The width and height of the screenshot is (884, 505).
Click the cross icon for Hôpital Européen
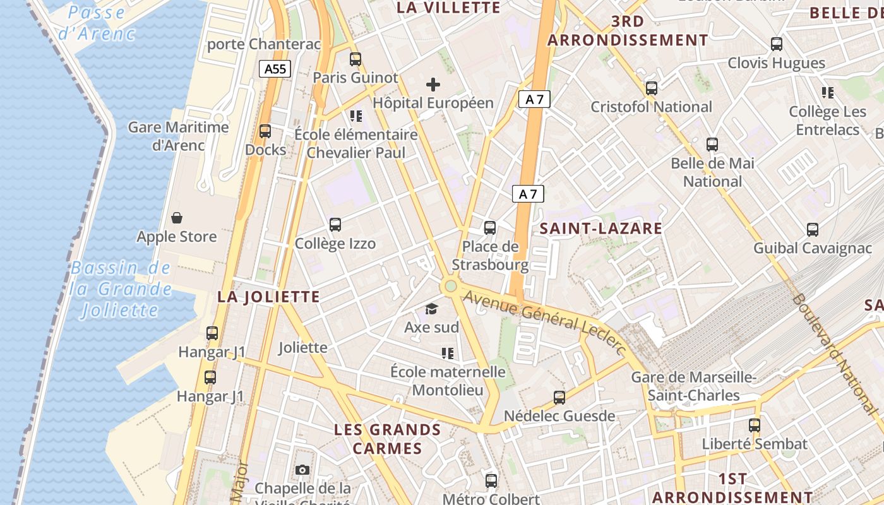(433, 84)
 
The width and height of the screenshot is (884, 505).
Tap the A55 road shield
(275, 69)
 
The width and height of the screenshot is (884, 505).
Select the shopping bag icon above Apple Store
(177, 218)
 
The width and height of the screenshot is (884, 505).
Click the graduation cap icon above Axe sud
(431, 309)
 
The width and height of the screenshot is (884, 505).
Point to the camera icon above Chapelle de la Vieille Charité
(302, 470)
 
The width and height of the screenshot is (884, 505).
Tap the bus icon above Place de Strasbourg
(490, 227)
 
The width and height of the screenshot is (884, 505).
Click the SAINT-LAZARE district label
(600, 229)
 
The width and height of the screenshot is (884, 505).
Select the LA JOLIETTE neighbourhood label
(269, 297)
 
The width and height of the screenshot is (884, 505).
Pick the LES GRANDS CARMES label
(387, 439)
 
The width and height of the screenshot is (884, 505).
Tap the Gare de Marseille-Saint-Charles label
(694, 386)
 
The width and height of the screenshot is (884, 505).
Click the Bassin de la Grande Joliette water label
(121, 288)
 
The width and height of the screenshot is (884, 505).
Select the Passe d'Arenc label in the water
(97, 23)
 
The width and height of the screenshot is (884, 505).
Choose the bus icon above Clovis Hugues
(777, 44)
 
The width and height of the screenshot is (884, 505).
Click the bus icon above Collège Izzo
(335, 225)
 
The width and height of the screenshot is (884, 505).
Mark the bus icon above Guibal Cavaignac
(813, 230)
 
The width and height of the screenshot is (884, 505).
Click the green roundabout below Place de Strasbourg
(450, 286)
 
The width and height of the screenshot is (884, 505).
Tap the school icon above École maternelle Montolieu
(448, 353)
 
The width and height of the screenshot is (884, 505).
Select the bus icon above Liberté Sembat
(755, 425)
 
